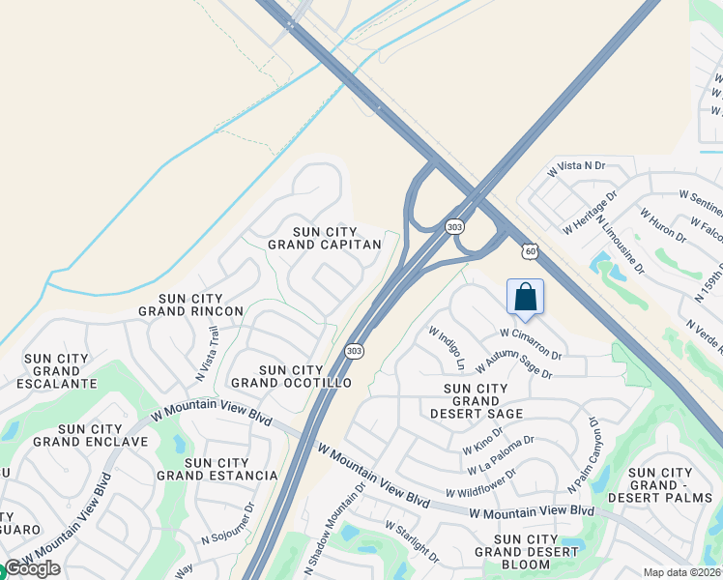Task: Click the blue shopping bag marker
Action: tap(525, 298)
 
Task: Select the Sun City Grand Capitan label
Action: tap(337, 238)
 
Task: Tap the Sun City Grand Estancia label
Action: tap(217, 470)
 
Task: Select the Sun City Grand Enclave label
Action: tap(90, 435)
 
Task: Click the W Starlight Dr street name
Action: tap(412, 542)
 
